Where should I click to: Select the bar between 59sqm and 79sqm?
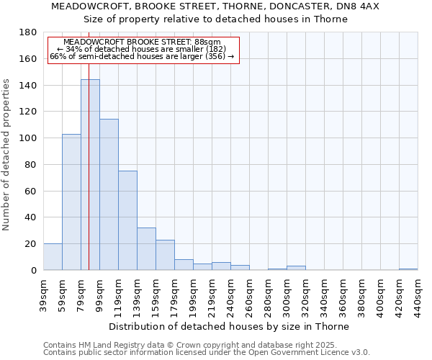click(x=71, y=202)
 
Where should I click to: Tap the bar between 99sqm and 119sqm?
click(x=109, y=194)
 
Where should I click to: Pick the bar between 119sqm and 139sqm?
click(x=127, y=220)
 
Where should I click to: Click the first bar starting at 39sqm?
click(x=53, y=257)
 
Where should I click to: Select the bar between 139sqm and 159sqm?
click(x=146, y=249)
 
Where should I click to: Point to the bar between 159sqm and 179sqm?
click(x=165, y=255)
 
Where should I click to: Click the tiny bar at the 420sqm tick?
click(x=408, y=269)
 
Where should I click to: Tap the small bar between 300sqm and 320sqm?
click(x=296, y=268)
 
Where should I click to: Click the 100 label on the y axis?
click(x=29, y=138)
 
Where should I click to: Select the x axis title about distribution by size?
click(x=230, y=326)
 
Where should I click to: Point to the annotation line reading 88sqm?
click(x=142, y=42)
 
